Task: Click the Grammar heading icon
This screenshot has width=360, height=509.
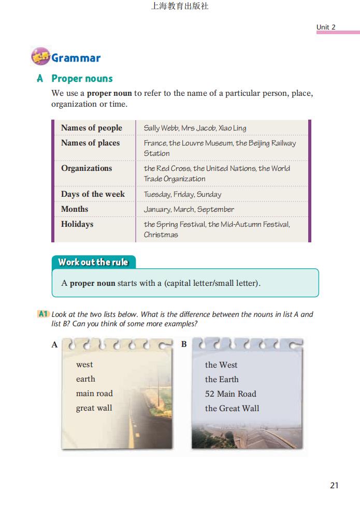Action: click(40, 57)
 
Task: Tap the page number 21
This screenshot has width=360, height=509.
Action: click(334, 485)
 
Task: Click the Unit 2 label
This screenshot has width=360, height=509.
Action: click(326, 27)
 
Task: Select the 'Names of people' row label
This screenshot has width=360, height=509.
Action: click(92, 128)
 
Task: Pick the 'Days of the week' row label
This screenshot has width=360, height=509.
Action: click(93, 194)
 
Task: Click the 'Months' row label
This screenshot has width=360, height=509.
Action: click(75, 209)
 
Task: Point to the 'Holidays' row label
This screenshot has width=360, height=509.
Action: click(77, 224)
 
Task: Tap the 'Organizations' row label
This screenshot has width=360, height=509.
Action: click(87, 168)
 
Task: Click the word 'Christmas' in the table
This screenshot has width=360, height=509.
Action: click(161, 235)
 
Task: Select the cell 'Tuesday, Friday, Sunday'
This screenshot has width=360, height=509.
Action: click(182, 194)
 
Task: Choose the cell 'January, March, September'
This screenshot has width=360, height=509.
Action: click(189, 209)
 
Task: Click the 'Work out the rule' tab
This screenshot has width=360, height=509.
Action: click(93, 262)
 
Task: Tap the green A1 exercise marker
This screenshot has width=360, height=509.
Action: click(44, 314)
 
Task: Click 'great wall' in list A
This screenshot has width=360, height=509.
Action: click(94, 408)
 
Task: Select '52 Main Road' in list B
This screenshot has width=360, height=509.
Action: click(231, 394)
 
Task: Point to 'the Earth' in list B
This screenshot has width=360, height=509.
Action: click(222, 379)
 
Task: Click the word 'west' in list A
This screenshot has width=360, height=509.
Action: click(84, 365)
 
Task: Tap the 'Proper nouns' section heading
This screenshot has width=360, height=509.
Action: click(82, 79)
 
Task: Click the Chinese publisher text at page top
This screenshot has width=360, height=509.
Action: click(179, 7)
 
